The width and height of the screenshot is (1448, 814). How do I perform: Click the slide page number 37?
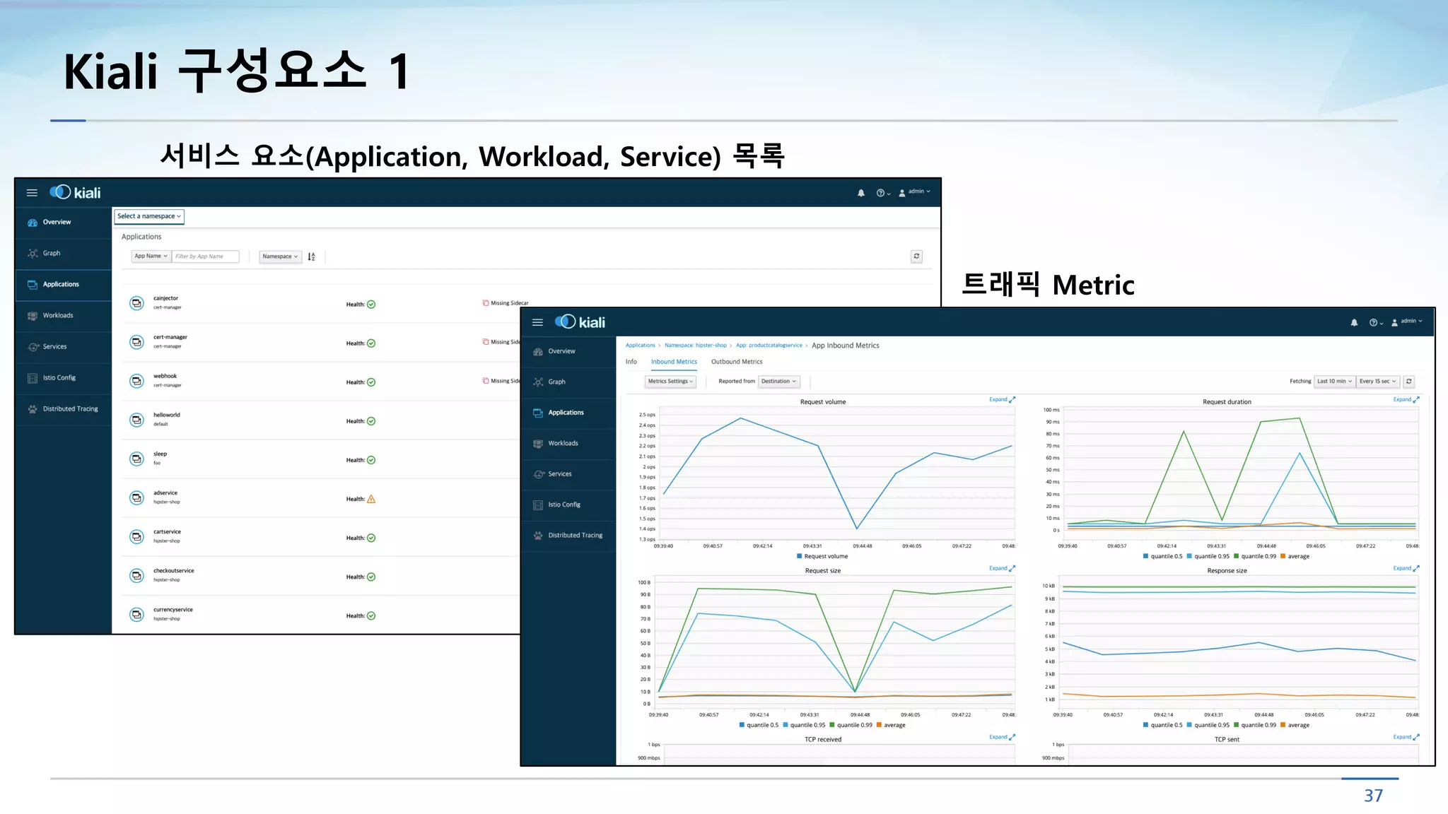[x=1373, y=796]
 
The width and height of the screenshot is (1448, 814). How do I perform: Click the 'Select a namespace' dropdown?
[x=149, y=216]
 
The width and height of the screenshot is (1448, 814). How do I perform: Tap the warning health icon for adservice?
[x=371, y=499]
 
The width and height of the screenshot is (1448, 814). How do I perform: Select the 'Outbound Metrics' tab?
[x=737, y=362]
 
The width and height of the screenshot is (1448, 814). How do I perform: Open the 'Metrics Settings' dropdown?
[x=670, y=382]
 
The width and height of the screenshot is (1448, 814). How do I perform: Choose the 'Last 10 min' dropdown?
[x=1334, y=382]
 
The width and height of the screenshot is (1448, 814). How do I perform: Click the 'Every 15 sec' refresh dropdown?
[x=1377, y=382]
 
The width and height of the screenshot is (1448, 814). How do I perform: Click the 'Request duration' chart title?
[x=1227, y=402]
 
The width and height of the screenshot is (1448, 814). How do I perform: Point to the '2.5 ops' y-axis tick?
[x=647, y=415]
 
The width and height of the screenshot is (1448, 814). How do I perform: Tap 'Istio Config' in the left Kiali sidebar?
[x=59, y=378]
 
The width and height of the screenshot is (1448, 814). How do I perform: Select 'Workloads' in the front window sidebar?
[x=563, y=444]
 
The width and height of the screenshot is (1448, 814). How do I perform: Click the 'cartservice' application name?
[x=167, y=532]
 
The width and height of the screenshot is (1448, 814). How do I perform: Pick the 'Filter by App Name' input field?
[x=205, y=256]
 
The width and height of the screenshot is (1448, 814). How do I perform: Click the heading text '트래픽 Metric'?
[x=1048, y=285]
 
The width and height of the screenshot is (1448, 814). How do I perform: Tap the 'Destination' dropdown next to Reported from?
[x=778, y=382]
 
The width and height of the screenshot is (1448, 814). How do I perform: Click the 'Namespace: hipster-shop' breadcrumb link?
[x=695, y=346]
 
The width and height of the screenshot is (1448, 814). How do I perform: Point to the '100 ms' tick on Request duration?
[x=1051, y=410]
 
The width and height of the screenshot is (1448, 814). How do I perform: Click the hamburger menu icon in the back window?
[x=32, y=193]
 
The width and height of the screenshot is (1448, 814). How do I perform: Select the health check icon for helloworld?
[x=371, y=421]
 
